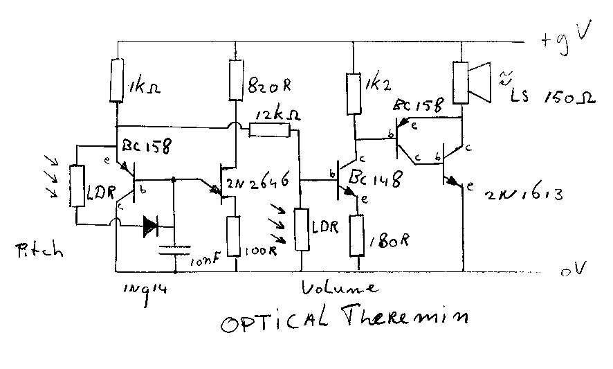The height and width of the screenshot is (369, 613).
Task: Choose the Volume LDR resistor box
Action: (302, 229)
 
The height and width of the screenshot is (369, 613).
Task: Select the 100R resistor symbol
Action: (235, 235)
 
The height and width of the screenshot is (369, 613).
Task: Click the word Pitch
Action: (38, 250)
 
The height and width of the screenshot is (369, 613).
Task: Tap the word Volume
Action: (340, 287)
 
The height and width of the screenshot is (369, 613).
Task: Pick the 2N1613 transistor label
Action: (524, 195)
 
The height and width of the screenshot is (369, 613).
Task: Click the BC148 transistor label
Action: (376, 180)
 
